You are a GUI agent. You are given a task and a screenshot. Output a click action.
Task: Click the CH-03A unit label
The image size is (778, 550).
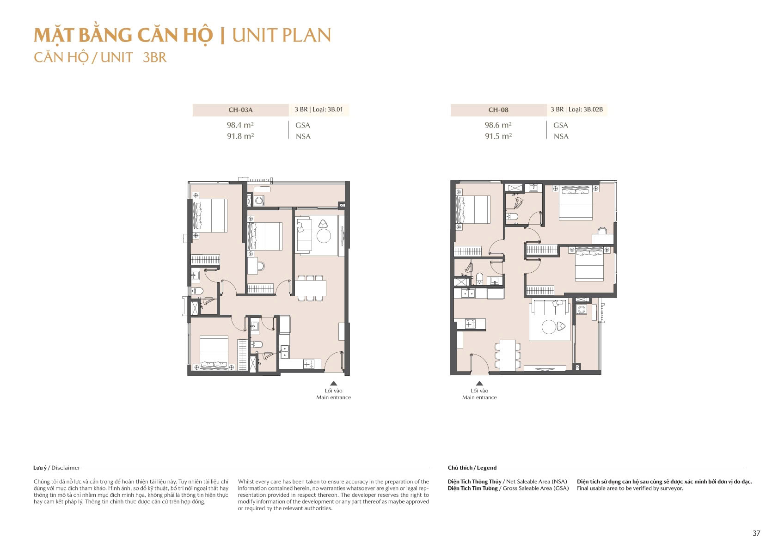(240, 110)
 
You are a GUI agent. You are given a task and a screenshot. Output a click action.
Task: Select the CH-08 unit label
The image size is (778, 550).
(498, 110)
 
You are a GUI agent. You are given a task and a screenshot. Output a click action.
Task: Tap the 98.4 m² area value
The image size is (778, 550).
(240, 125)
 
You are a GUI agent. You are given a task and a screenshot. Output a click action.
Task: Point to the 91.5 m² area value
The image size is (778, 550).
(498, 136)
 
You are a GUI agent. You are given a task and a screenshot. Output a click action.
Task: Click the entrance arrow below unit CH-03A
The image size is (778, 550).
(333, 383)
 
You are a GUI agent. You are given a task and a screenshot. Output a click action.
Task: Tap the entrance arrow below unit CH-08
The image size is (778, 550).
(479, 383)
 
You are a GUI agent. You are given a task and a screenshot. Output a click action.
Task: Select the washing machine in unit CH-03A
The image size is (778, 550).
(259, 201)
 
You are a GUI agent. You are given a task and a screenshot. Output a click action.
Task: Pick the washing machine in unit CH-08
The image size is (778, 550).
(582, 310)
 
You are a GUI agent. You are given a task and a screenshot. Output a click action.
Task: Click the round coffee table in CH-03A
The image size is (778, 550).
(324, 236)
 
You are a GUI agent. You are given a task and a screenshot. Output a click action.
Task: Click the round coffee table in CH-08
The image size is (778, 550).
(549, 327)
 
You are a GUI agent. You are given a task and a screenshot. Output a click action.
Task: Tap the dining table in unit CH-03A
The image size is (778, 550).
(310, 288)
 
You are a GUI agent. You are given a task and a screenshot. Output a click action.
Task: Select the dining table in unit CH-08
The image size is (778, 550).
(508, 355)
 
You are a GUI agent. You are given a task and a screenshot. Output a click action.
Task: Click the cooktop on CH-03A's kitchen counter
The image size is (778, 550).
(308, 365)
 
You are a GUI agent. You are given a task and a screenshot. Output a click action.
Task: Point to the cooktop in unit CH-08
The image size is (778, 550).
(470, 324)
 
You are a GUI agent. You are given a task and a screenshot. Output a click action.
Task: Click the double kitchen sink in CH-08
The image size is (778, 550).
(468, 293)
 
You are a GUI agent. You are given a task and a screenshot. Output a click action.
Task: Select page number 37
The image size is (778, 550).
(756, 533)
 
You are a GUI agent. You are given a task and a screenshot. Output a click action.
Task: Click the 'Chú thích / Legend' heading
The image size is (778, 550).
(472, 468)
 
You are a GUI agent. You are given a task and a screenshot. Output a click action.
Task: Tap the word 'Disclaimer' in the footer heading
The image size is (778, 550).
(66, 468)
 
